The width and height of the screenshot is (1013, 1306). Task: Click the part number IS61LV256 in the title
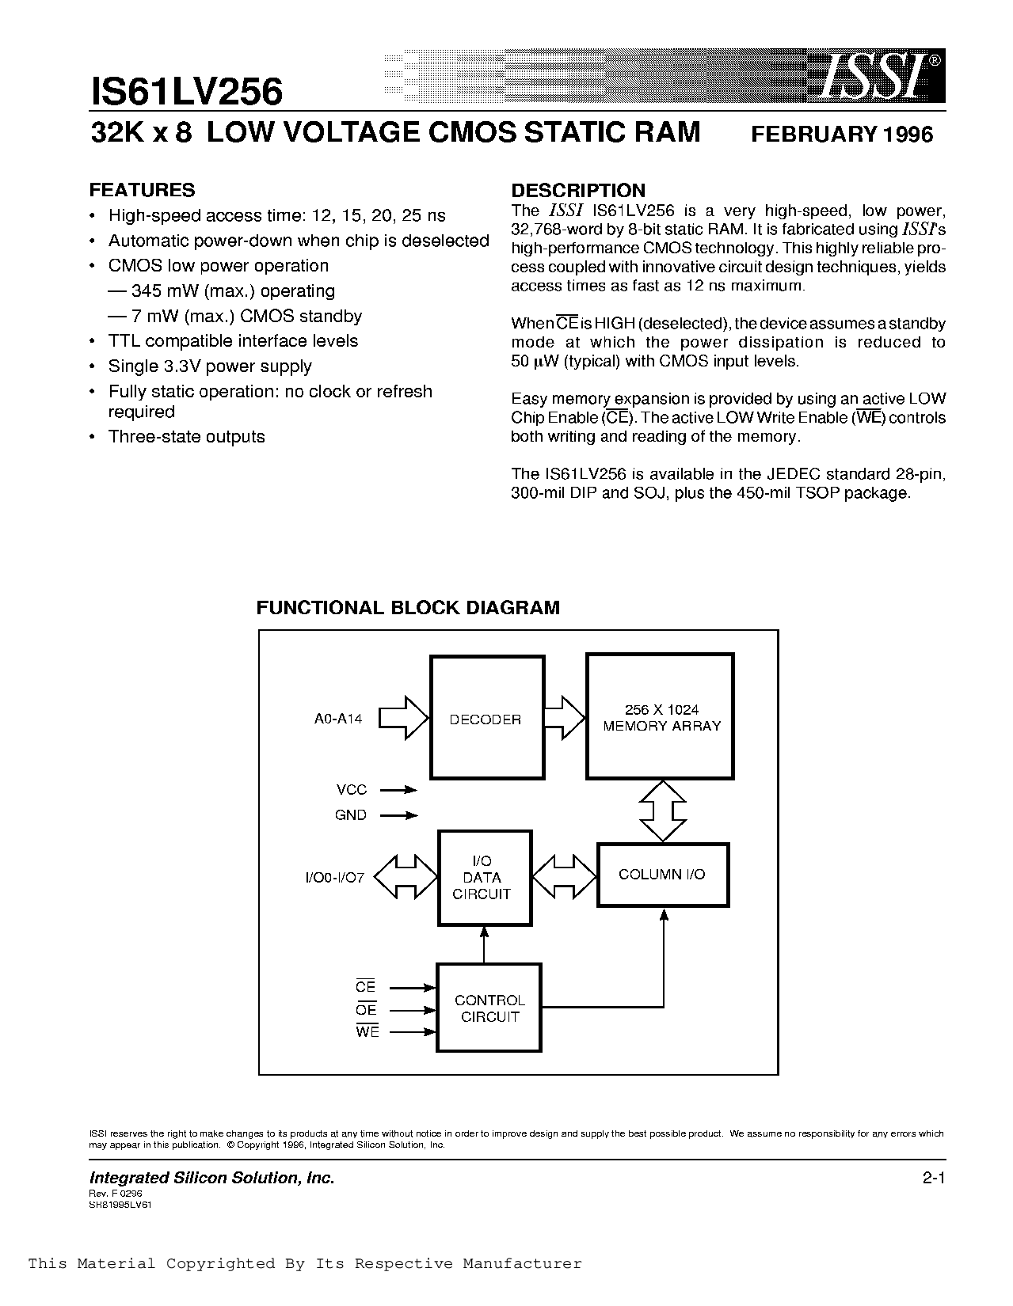186,92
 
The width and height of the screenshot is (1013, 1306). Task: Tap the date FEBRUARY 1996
841,135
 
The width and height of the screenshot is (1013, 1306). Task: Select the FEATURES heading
142,190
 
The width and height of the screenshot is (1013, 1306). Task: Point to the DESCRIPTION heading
578,190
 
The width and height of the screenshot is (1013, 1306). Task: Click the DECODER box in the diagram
486,718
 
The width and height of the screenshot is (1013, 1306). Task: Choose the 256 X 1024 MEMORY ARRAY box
661,717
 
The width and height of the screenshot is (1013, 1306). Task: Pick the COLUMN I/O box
662,875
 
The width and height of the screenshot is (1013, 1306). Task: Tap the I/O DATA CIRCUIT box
485,878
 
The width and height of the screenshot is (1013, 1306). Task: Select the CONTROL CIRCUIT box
489,1008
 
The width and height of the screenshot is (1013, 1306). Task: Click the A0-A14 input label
338,719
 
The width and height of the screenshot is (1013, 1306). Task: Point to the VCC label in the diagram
351,790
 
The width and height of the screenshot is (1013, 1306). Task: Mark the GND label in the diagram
350,815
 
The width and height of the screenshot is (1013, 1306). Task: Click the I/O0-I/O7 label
334,878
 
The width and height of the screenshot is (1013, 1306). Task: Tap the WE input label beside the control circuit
367,1032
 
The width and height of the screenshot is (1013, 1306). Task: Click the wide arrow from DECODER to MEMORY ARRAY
564,718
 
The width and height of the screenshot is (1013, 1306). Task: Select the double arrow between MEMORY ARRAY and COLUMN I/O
662,811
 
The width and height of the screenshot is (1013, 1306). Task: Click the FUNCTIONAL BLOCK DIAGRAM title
408,608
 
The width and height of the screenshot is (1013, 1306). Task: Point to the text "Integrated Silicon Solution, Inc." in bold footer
212,1179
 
